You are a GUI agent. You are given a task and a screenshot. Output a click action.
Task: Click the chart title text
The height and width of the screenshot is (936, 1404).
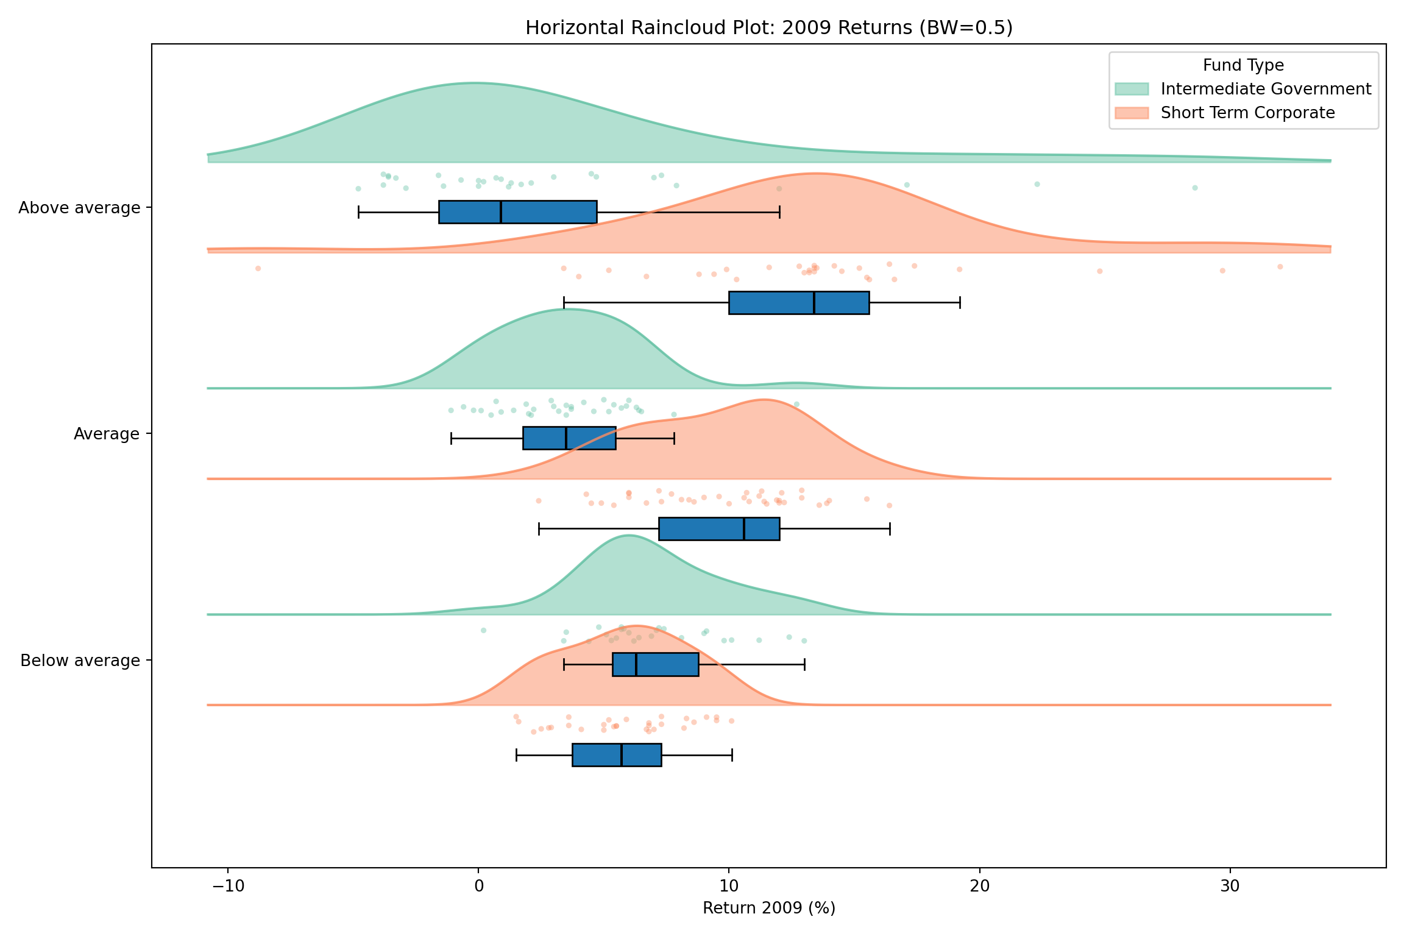[x=768, y=28]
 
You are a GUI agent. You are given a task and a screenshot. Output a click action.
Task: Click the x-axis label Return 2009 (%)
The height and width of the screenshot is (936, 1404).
[x=768, y=908]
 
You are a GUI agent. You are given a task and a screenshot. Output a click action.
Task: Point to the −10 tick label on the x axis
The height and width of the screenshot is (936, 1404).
[x=228, y=886]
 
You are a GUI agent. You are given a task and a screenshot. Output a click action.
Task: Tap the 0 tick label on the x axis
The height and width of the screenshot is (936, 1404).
[x=478, y=886]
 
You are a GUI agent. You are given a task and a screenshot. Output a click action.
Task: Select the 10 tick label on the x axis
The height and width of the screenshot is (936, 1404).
[x=729, y=886]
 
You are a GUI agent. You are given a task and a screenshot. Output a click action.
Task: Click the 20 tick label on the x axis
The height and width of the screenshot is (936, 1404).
[x=980, y=886]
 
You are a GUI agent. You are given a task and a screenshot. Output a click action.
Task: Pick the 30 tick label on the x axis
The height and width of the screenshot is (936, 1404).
[x=1230, y=886]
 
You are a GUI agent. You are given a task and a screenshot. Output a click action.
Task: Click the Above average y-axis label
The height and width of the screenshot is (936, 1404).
[x=79, y=208]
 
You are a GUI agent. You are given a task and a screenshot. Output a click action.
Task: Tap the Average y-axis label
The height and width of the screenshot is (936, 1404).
[x=107, y=434]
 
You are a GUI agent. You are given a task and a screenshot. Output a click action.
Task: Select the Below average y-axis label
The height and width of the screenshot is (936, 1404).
[x=80, y=661]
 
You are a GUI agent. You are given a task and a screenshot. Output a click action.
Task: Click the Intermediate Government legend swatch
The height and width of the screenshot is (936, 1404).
[x=1132, y=89]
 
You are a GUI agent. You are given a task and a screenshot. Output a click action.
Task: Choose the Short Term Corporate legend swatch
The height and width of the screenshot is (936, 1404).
[x=1132, y=113]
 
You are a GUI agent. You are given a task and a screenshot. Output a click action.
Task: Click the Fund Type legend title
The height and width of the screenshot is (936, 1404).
[x=1243, y=65]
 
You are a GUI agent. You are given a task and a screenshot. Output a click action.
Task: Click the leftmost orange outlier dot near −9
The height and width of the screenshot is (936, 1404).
[x=258, y=268]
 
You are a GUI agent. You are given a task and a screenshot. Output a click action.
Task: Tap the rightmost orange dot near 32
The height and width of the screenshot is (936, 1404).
[x=1280, y=266]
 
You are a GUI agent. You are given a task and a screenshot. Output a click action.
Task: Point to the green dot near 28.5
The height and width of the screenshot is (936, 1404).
[x=1194, y=188]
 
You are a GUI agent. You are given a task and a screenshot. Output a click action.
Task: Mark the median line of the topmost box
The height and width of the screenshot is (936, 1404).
[x=501, y=212]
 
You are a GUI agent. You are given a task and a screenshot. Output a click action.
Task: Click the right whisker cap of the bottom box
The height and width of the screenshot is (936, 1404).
[x=732, y=755]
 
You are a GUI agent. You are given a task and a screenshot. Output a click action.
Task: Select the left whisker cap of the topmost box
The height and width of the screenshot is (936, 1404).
[x=359, y=212]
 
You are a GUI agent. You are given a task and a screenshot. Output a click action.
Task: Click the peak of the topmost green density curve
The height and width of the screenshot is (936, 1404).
[x=475, y=83]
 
